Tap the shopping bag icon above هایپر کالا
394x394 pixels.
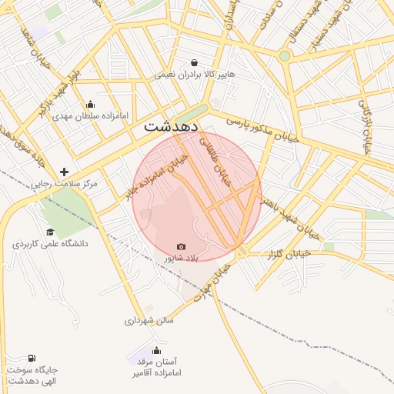tap(193, 63)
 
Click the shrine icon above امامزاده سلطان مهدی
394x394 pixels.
tap(91, 105)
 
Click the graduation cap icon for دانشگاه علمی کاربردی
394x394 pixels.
tap(50, 232)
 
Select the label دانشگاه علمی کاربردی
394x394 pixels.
tap(50, 244)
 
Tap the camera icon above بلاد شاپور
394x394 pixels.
tap(181, 246)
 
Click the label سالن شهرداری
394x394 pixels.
tap(150, 320)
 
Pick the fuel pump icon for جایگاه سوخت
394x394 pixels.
tap(32, 358)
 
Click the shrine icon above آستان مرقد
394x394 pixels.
tap(156, 350)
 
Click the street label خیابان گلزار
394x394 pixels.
tap(286, 253)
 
